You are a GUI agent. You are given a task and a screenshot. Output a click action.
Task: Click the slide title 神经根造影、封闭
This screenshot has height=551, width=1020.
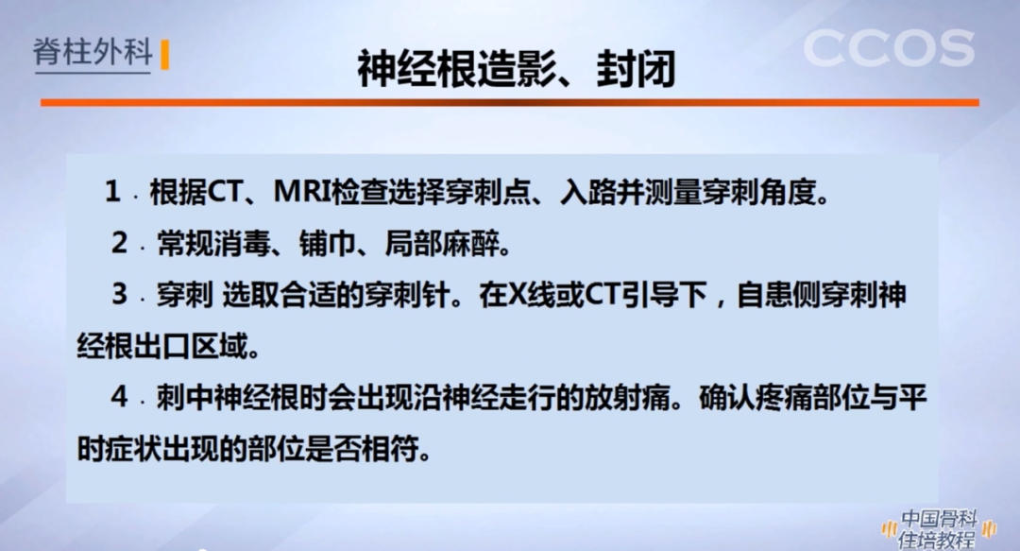[x=516, y=68]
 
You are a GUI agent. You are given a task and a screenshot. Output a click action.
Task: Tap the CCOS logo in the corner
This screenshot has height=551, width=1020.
[x=889, y=48]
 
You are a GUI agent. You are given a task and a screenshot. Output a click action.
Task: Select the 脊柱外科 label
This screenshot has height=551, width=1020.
[x=93, y=52]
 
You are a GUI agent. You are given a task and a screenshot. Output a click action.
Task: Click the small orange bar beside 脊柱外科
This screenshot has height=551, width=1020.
[x=165, y=54]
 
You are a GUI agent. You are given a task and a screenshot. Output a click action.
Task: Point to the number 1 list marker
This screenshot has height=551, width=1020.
[x=113, y=193]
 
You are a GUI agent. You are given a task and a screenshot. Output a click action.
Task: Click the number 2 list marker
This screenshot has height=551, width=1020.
[x=119, y=244]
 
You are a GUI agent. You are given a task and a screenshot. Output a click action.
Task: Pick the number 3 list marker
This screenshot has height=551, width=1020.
[x=119, y=295]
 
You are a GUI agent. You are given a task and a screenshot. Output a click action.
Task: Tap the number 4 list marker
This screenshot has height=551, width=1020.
[x=119, y=398]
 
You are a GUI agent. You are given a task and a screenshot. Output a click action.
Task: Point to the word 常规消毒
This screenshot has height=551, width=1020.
[x=208, y=245]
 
